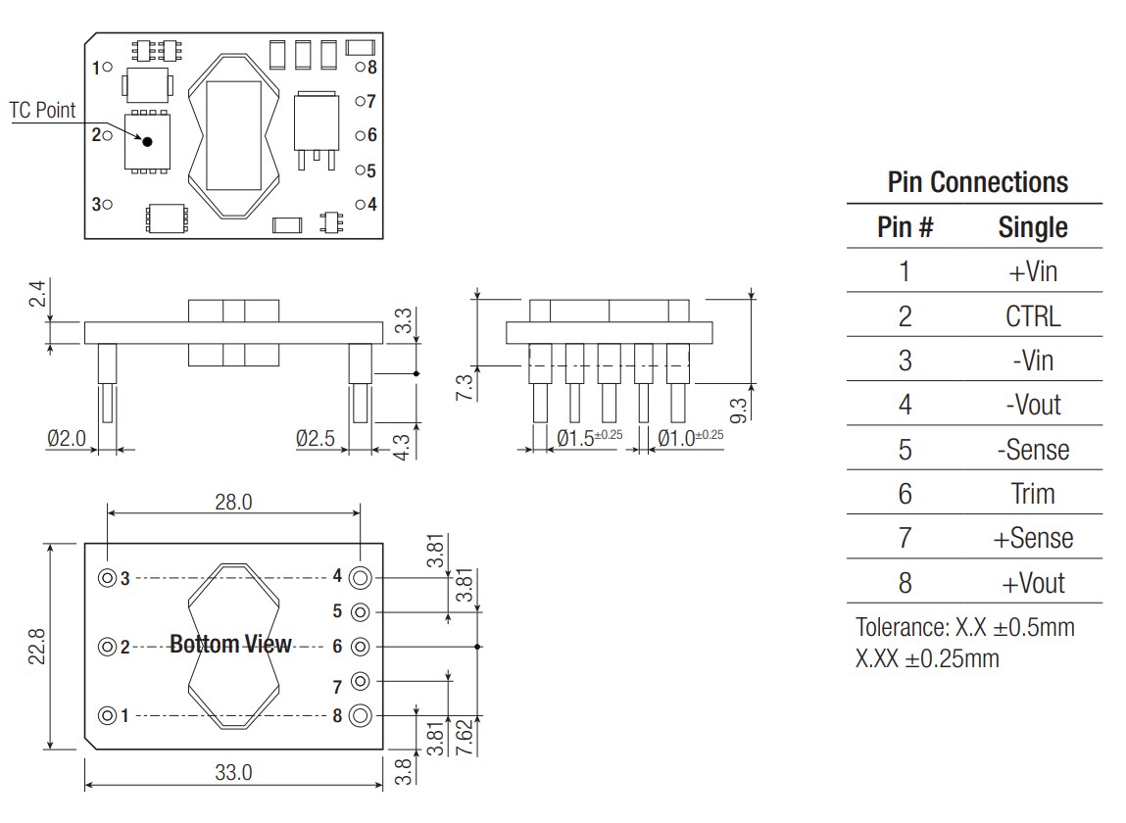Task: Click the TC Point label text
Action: (x=42, y=111)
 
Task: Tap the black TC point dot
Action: (x=148, y=141)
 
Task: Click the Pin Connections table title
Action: (x=977, y=182)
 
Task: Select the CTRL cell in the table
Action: (x=1033, y=316)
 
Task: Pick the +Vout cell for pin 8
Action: (x=1033, y=584)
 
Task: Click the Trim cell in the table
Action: (x=1033, y=494)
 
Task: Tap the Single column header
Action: (x=1033, y=228)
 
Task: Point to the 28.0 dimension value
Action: (x=233, y=503)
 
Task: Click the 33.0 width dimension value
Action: (x=233, y=772)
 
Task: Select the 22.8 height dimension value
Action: (x=34, y=646)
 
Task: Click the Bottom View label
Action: (x=230, y=645)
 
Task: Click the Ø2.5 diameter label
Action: (x=316, y=439)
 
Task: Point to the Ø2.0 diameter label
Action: (x=67, y=439)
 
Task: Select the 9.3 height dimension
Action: (x=739, y=408)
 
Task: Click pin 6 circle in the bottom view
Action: (x=361, y=647)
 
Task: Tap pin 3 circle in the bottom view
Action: (x=106, y=578)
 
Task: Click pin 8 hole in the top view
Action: (x=360, y=68)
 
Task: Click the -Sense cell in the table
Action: (x=1033, y=450)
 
